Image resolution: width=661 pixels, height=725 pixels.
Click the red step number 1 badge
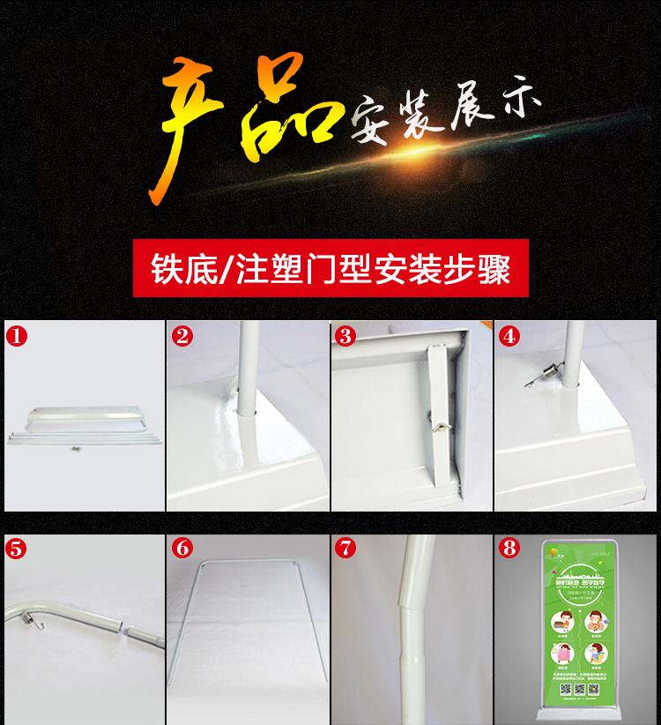(17, 336)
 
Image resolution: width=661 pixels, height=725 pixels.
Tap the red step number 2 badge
(182, 336)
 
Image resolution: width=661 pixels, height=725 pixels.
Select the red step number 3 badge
(345, 336)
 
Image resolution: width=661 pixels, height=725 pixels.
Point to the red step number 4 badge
(509, 336)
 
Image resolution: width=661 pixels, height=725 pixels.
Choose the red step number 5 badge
(17, 548)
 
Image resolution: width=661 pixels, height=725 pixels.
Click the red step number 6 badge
(182, 548)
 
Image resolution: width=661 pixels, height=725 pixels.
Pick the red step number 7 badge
(345, 548)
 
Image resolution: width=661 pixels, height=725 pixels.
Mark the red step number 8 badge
(509, 548)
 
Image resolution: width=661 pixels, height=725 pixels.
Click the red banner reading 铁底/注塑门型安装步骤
(330, 268)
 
